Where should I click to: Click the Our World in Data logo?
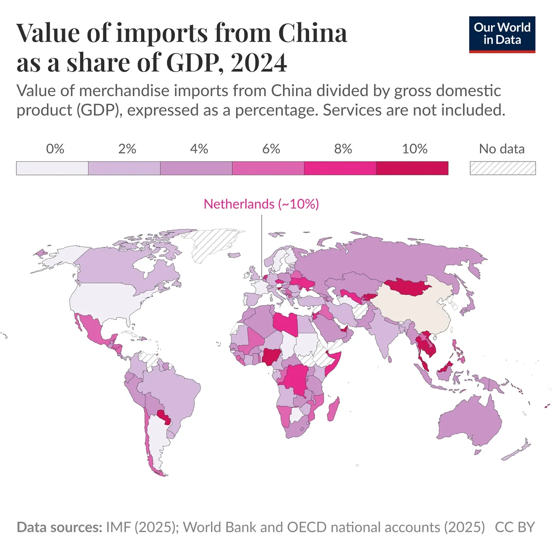coord(502,34)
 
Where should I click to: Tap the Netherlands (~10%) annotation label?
coord(261,204)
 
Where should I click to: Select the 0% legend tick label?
coord(55,149)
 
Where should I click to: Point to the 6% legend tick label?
coord(271,149)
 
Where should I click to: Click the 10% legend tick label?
coord(414,149)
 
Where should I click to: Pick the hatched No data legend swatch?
coord(503,168)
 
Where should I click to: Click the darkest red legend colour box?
coord(412,168)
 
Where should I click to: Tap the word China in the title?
coord(313,32)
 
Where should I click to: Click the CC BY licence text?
coord(515,527)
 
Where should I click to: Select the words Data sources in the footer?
coord(59,527)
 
